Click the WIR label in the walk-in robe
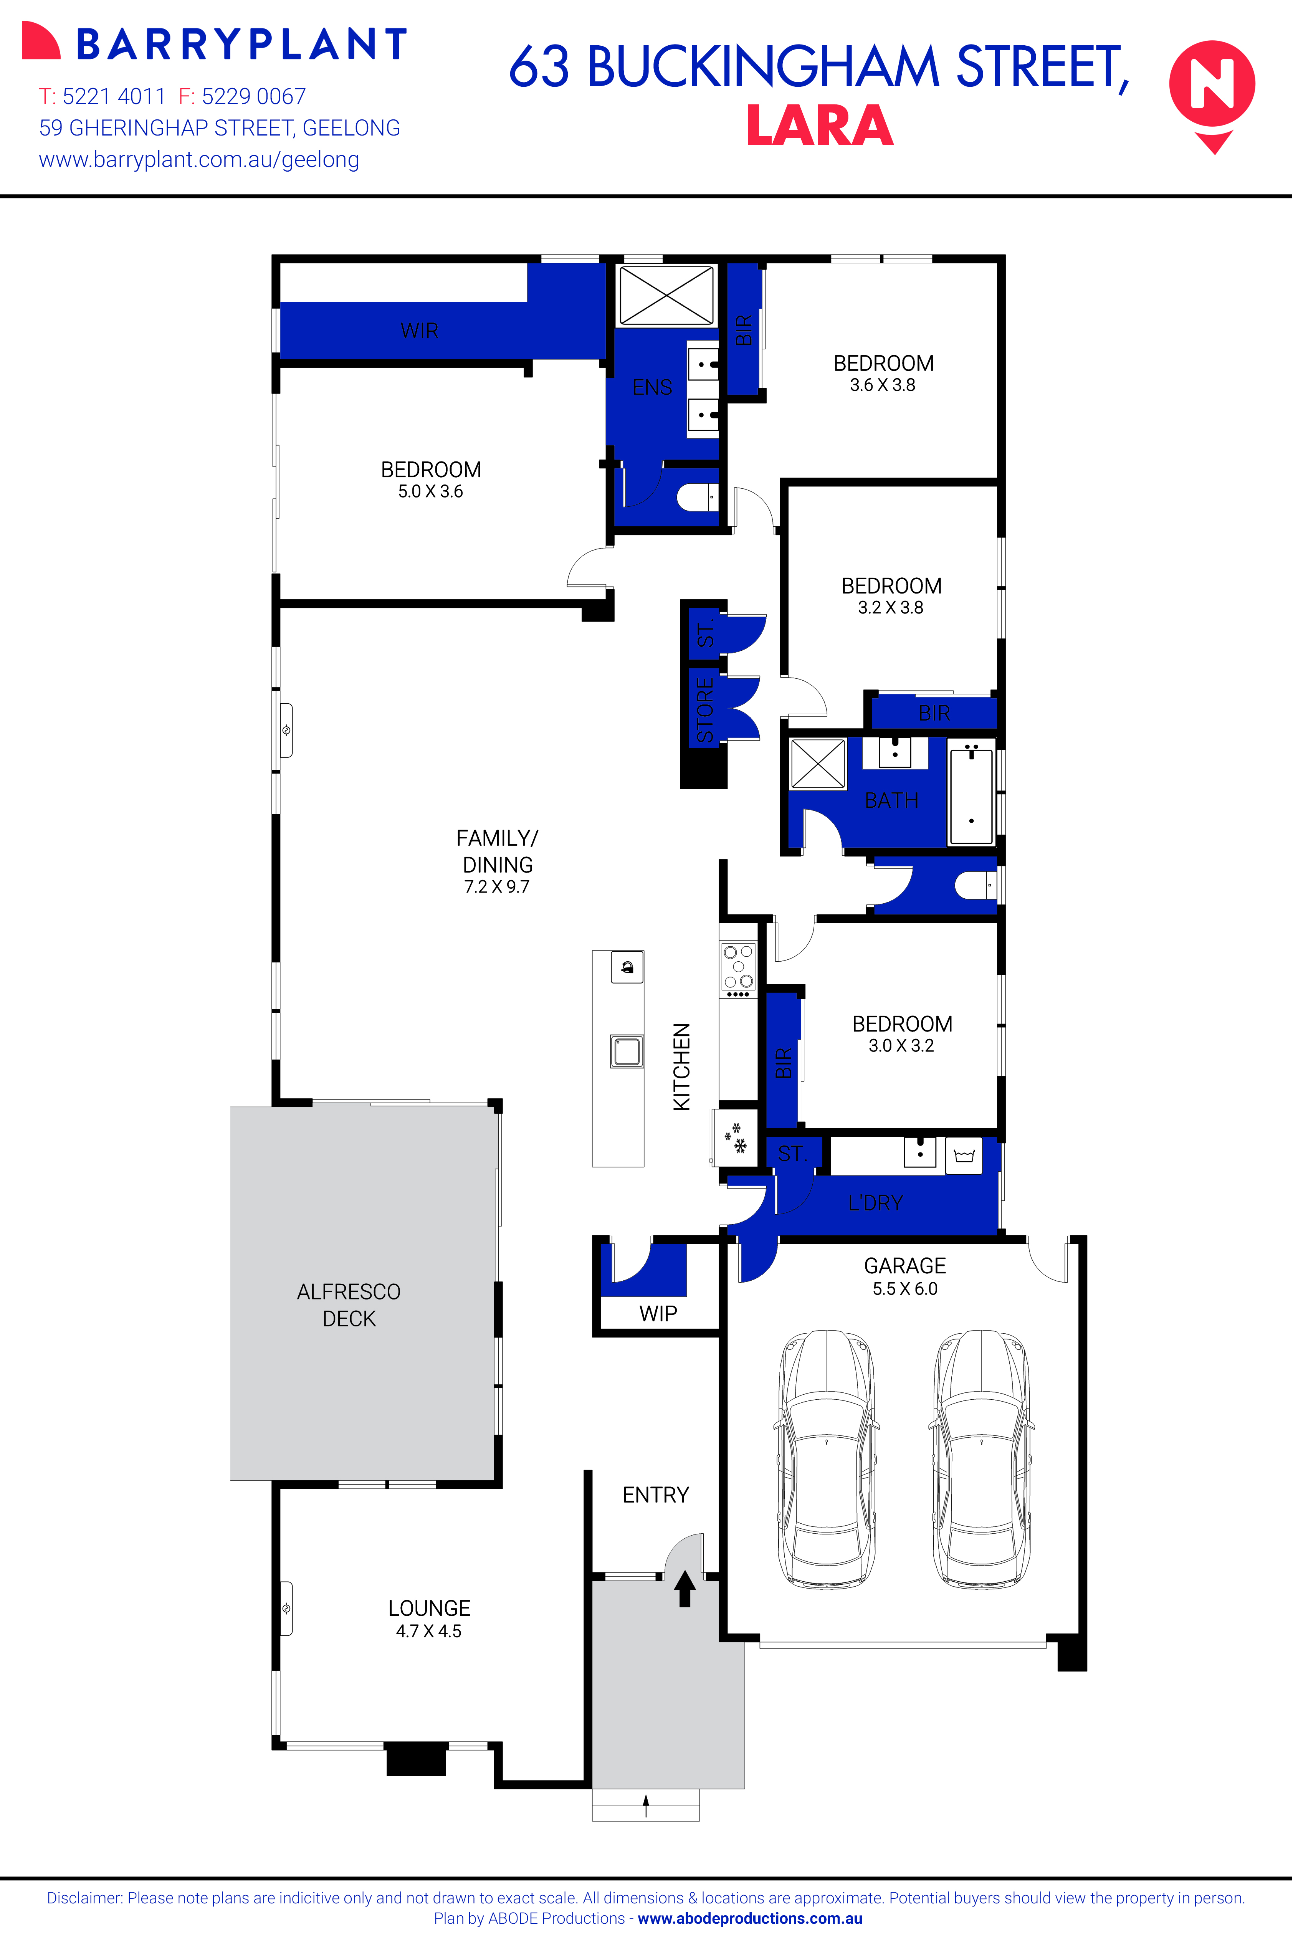pyautogui.click(x=419, y=331)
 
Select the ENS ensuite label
pyautogui.click(x=651, y=387)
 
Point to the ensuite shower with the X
pyautogui.click(x=666, y=294)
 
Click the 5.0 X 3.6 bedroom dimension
pyautogui.click(x=430, y=491)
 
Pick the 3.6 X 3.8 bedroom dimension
pyautogui.click(x=882, y=385)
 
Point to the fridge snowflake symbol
pyautogui.click(x=735, y=1138)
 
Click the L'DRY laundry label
pyautogui.click(x=875, y=1203)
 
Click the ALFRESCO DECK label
pyautogui.click(x=349, y=1305)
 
